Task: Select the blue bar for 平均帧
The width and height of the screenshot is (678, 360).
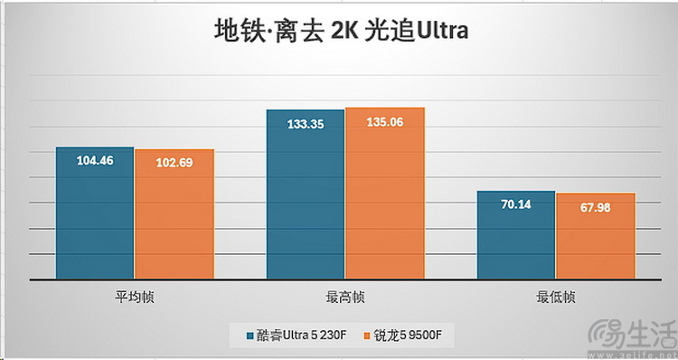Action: coord(94,217)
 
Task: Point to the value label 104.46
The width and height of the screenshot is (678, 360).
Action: coord(94,161)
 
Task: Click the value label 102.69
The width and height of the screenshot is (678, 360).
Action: coord(174,164)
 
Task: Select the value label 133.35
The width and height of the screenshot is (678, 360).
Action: coord(305,124)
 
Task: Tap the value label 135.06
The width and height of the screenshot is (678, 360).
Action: coord(385,122)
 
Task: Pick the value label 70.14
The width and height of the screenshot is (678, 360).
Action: coord(515,205)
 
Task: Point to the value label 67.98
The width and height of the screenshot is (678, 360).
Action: coord(596,207)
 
